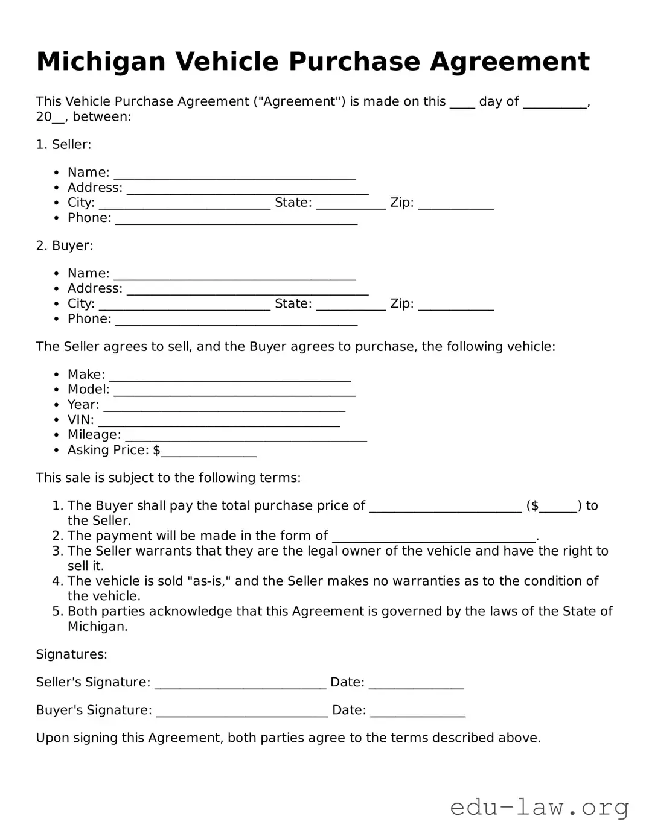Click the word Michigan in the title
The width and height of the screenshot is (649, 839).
click(x=101, y=62)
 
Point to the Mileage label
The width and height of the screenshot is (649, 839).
click(x=94, y=435)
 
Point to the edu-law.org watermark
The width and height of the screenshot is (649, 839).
click(x=539, y=807)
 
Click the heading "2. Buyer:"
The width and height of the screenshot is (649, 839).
click(x=65, y=245)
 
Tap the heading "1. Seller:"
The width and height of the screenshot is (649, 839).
click(x=63, y=144)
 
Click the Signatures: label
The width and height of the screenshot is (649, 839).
click(x=71, y=654)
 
